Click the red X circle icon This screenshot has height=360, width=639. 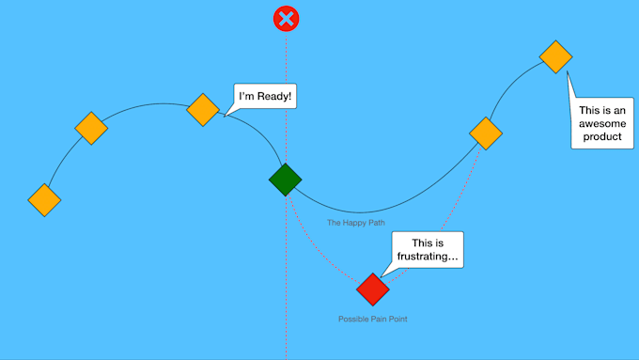tap(286, 18)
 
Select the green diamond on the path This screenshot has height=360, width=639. tap(285, 179)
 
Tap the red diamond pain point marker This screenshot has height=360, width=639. tap(373, 290)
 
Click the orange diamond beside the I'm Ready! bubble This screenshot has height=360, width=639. tap(203, 109)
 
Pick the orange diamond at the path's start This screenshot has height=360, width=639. tap(44, 199)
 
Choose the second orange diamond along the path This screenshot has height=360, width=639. tap(91, 128)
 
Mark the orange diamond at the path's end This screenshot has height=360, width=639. tap(555, 56)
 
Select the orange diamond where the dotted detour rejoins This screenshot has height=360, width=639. tap(485, 133)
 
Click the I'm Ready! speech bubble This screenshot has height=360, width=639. tap(265, 96)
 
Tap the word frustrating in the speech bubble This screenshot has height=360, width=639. tap(427, 257)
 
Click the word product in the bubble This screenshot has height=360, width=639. tap(601, 137)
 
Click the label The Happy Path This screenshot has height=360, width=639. tap(356, 224)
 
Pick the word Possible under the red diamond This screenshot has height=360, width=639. tap(354, 320)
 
